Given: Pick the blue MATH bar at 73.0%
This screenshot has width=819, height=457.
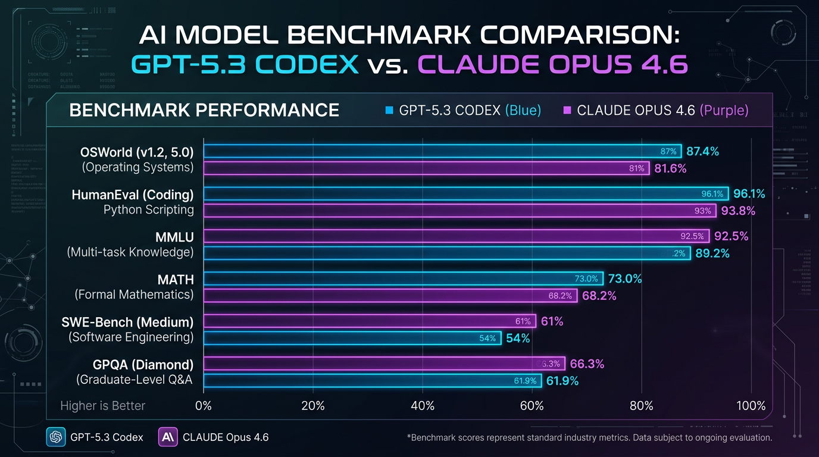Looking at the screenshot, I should (404, 278).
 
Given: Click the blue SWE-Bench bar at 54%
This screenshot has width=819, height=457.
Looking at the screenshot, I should (352, 338).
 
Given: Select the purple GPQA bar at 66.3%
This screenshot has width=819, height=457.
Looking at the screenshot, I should (384, 364).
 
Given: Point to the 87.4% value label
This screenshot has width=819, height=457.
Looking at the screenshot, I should (702, 152).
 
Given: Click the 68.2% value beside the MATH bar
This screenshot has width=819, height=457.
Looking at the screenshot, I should (599, 296).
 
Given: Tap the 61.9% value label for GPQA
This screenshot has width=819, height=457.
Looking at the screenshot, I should (562, 381).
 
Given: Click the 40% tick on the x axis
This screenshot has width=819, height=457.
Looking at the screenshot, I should (422, 406).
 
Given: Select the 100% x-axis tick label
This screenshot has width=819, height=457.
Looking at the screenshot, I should (751, 406).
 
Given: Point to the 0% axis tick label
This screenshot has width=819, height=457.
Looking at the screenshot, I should (204, 406).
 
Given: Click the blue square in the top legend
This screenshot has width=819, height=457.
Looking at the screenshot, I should (390, 111).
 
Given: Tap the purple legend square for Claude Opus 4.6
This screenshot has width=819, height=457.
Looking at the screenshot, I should (567, 111).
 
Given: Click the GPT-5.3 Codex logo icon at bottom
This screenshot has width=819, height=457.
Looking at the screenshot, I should (55, 437).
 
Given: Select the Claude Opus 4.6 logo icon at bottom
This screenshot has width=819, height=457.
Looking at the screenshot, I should (168, 437).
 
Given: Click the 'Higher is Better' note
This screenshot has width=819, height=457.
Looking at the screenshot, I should (102, 406).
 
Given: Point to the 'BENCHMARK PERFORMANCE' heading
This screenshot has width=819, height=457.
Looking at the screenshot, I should (204, 110).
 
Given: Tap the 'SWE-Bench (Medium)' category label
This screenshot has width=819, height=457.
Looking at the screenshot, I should (127, 322).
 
